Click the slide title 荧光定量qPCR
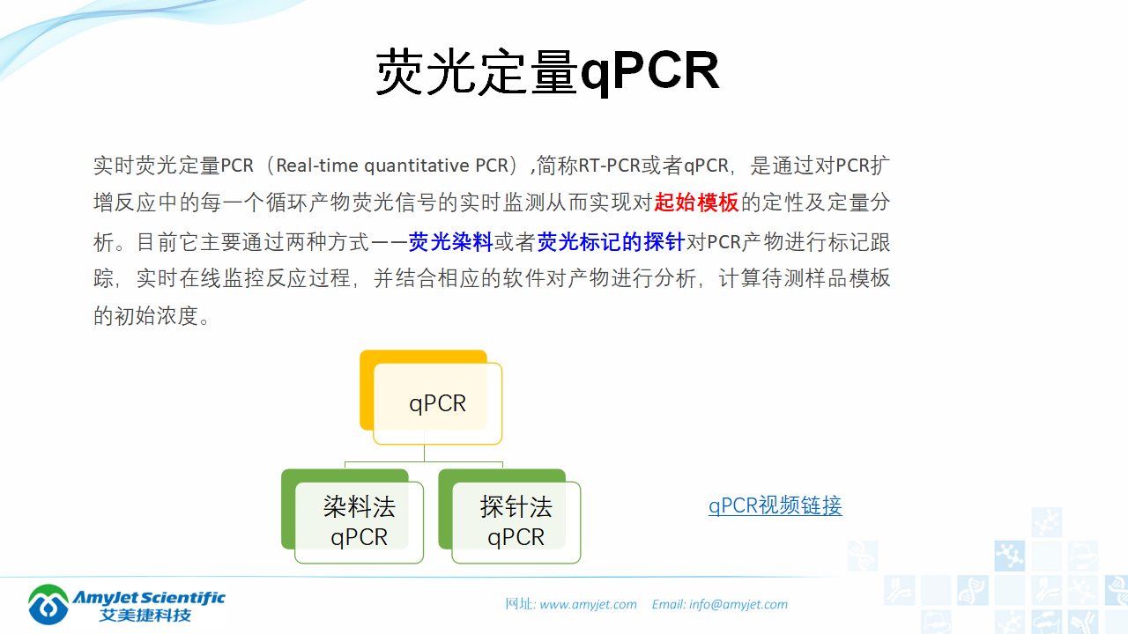pyautogui.click(x=547, y=72)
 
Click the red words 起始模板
pyautogui.click(x=696, y=203)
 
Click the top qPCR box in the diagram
pyautogui.click(x=438, y=404)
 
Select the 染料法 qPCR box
pyautogui.click(x=360, y=522)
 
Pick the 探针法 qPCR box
pyautogui.click(x=516, y=522)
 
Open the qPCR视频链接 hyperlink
pyautogui.click(x=775, y=505)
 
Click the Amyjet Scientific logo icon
pyautogui.click(x=48, y=605)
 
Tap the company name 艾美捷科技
pyautogui.click(x=145, y=616)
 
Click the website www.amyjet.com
pyautogui.click(x=588, y=604)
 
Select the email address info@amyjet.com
pyautogui.click(x=738, y=604)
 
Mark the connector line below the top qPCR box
pyautogui.click(x=424, y=453)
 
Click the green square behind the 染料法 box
pyautogui.click(x=287, y=511)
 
